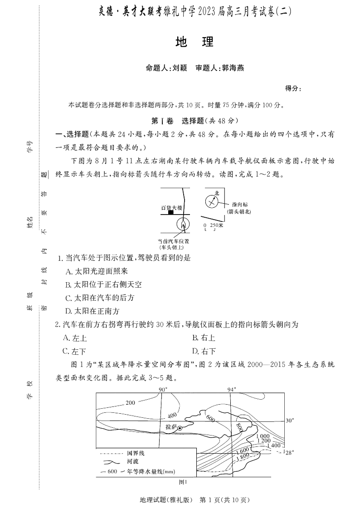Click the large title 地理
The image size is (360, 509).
tap(194, 42)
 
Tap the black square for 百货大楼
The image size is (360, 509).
tap(171, 212)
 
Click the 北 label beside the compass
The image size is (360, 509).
tap(217, 193)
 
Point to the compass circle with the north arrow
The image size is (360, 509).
tap(211, 201)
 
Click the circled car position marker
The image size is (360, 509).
tap(183, 224)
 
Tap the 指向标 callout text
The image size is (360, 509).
tap(239, 205)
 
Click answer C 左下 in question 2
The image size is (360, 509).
tap(74, 351)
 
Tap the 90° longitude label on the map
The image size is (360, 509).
tap(163, 389)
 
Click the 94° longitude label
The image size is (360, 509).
tap(231, 389)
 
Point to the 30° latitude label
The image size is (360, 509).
tap(290, 420)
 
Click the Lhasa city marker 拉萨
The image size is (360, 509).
tap(180, 428)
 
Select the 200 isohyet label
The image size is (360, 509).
tap(131, 403)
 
